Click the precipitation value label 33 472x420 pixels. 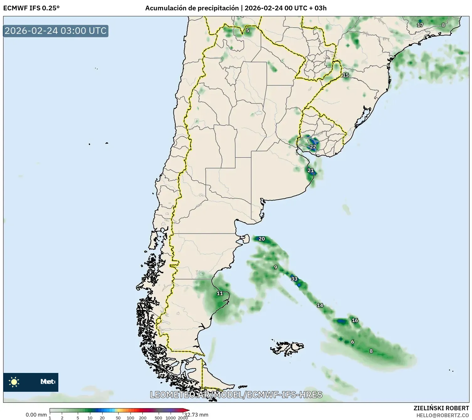[x=294, y=279]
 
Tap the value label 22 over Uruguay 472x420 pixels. [x=313, y=147]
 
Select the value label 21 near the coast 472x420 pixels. [x=310, y=171]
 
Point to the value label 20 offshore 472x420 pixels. [x=262, y=239]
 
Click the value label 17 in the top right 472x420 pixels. [x=420, y=25]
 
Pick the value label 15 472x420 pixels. [x=346, y=75]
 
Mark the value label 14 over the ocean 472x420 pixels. [x=320, y=306]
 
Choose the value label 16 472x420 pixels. [x=355, y=321]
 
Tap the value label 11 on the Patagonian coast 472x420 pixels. [x=220, y=294]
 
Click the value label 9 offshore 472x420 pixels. [x=276, y=268]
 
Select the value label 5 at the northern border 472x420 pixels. [x=248, y=30]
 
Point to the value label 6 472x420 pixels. [x=353, y=342]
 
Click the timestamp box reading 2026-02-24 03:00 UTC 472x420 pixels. [x=56, y=31]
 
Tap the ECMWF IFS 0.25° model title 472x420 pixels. [x=31, y=8]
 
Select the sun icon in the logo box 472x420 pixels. [x=14, y=382]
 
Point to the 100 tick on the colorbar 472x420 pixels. [x=130, y=417]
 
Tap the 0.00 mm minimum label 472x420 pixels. [x=36, y=415]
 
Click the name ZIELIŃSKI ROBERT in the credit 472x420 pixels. [x=441, y=408]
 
